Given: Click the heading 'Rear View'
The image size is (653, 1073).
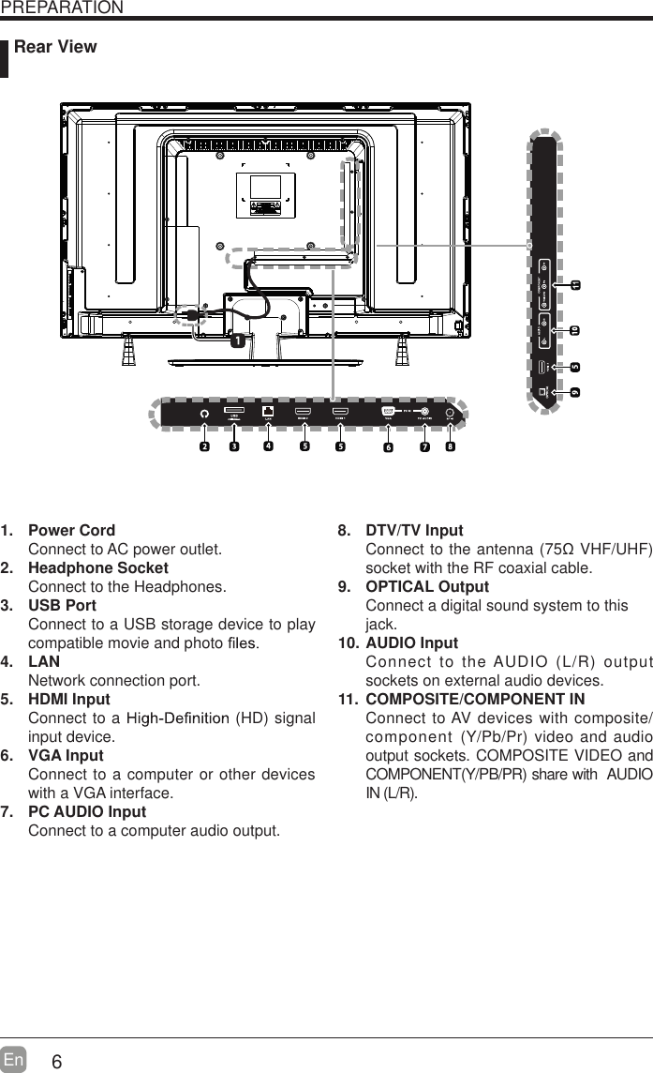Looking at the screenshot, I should point(55,47).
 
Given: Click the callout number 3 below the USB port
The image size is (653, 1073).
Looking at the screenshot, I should point(234,446).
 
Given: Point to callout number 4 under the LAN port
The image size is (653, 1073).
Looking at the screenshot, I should point(269,446).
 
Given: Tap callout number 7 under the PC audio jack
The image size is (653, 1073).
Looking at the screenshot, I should point(424,447).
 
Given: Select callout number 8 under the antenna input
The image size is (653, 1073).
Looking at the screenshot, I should point(451,446).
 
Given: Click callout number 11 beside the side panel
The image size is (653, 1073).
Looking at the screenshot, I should point(575,284).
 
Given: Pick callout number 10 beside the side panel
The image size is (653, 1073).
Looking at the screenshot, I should point(575,330).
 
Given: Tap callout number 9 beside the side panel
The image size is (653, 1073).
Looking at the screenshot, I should point(575,391).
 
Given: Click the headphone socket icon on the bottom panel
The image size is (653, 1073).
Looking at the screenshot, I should point(204,412).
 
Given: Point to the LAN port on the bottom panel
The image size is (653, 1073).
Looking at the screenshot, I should point(269,411).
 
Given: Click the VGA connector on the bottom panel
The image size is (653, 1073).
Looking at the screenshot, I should point(389,411).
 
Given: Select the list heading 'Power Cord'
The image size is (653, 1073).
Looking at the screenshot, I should point(72,531).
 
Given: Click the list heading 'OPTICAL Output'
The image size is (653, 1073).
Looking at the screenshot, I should point(426,587).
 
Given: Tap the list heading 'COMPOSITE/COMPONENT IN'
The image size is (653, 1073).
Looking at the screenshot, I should point(474,700).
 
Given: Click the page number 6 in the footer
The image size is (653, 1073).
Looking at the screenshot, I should point(57,1062).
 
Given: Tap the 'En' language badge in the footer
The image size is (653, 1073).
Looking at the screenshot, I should point(14,1059).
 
